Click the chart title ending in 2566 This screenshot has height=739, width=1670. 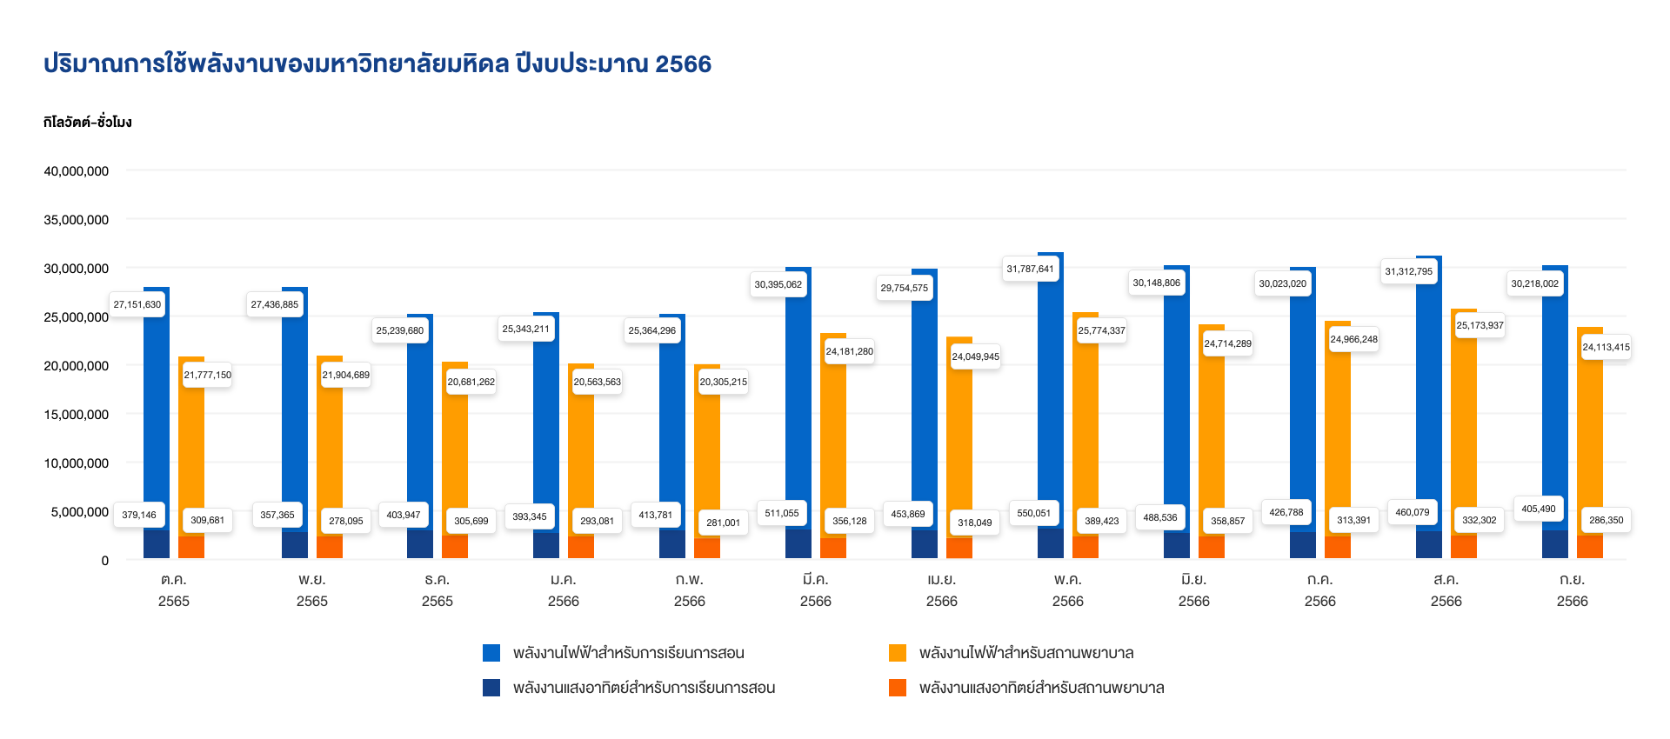pyautogui.click(x=377, y=64)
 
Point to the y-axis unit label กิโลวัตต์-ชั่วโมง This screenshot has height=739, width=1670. pyautogui.click(x=87, y=123)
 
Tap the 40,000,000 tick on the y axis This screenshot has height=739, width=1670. pyautogui.click(x=77, y=171)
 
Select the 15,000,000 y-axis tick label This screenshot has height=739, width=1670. pyautogui.click(x=77, y=415)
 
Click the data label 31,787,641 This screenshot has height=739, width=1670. pyautogui.click(x=1030, y=269)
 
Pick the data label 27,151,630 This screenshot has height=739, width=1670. pyautogui.click(x=137, y=304)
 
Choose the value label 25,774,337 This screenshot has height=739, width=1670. pyautogui.click(x=1101, y=330)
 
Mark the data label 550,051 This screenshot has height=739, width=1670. pyautogui.click(x=1033, y=513)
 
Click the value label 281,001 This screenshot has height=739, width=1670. pyautogui.click(x=723, y=523)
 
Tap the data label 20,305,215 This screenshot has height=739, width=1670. pyautogui.click(x=723, y=382)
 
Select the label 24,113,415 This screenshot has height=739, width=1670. pyautogui.click(x=1606, y=347)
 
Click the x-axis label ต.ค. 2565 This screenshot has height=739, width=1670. pyautogui.click(x=174, y=589)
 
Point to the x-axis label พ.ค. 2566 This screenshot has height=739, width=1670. pyautogui.click(x=1067, y=589)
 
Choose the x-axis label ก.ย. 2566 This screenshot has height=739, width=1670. pyautogui.click(x=1572, y=589)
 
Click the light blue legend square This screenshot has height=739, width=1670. pyautogui.click(x=491, y=653)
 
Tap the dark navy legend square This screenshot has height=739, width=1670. pyautogui.click(x=491, y=688)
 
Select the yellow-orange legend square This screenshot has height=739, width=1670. pyautogui.click(x=898, y=653)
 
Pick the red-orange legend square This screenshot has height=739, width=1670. pyautogui.click(x=898, y=688)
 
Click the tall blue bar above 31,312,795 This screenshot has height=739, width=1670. pyautogui.click(x=1429, y=391)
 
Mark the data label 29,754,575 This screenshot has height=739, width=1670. pyautogui.click(x=904, y=288)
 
